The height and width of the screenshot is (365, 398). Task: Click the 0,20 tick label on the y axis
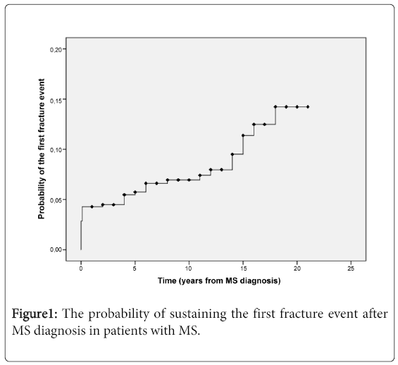[56, 50]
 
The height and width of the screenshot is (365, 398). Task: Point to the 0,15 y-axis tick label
[56, 101]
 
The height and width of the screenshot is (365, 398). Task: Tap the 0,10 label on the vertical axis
[56, 150]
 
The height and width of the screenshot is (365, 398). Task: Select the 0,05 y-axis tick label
[56, 200]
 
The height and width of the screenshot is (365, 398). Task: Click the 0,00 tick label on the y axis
[56, 249]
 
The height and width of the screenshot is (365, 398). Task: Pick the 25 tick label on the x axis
[351, 268]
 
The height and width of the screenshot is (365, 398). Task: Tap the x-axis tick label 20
[297, 268]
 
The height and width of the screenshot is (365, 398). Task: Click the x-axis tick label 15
[243, 268]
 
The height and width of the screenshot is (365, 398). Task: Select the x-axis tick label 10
[189, 268]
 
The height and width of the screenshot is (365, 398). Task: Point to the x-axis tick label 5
[135, 268]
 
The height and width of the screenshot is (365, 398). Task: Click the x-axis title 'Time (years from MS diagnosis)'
[219, 280]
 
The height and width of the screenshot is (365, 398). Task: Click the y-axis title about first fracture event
[41, 149]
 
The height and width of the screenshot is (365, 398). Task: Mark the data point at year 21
[308, 107]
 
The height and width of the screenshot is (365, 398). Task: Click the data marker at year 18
[275, 107]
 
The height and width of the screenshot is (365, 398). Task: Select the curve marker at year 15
[243, 135]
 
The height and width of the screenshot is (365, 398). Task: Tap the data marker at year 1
[92, 206]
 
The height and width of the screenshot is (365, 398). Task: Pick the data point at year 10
[189, 180]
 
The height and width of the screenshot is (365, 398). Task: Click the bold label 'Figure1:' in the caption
[35, 314]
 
